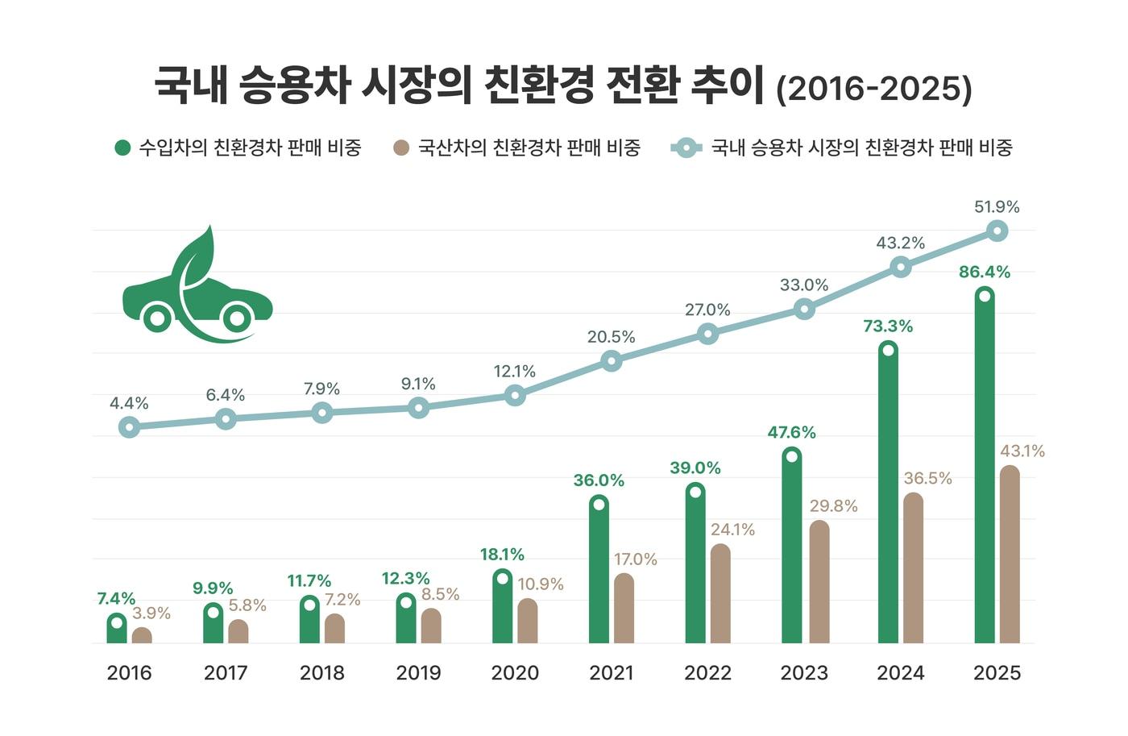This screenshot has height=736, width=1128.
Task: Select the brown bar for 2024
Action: click(x=913, y=568)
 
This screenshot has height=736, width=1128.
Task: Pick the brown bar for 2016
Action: click(x=142, y=636)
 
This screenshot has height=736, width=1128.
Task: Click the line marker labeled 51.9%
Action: click(x=997, y=231)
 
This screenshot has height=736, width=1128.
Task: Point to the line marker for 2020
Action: click(x=515, y=395)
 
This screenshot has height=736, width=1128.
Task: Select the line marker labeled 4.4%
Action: click(x=129, y=427)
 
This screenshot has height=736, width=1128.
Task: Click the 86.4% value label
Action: click(x=984, y=272)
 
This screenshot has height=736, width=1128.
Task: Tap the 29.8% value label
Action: click(x=833, y=506)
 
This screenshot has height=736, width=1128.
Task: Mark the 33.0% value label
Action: click(x=803, y=285)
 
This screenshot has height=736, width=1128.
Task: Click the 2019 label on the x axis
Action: click(x=418, y=673)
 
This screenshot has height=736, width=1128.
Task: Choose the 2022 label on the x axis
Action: click(x=707, y=673)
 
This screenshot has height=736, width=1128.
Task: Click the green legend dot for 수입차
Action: click(x=122, y=148)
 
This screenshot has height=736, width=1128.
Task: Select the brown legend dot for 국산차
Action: click(x=401, y=148)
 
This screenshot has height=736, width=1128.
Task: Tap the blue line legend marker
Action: click(x=686, y=148)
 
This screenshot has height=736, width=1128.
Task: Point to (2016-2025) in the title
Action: click(x=873, y=88)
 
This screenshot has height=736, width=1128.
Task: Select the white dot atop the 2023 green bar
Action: click(x=792, y=456)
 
